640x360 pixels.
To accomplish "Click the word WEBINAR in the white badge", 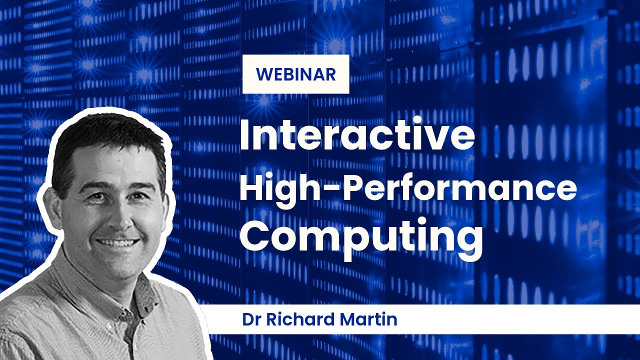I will (x=295, y=74).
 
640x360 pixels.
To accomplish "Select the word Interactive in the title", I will (x=357, y=136).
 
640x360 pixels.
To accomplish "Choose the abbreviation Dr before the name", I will (x=251, y=319).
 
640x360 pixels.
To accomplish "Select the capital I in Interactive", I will (x=245, y=136).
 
